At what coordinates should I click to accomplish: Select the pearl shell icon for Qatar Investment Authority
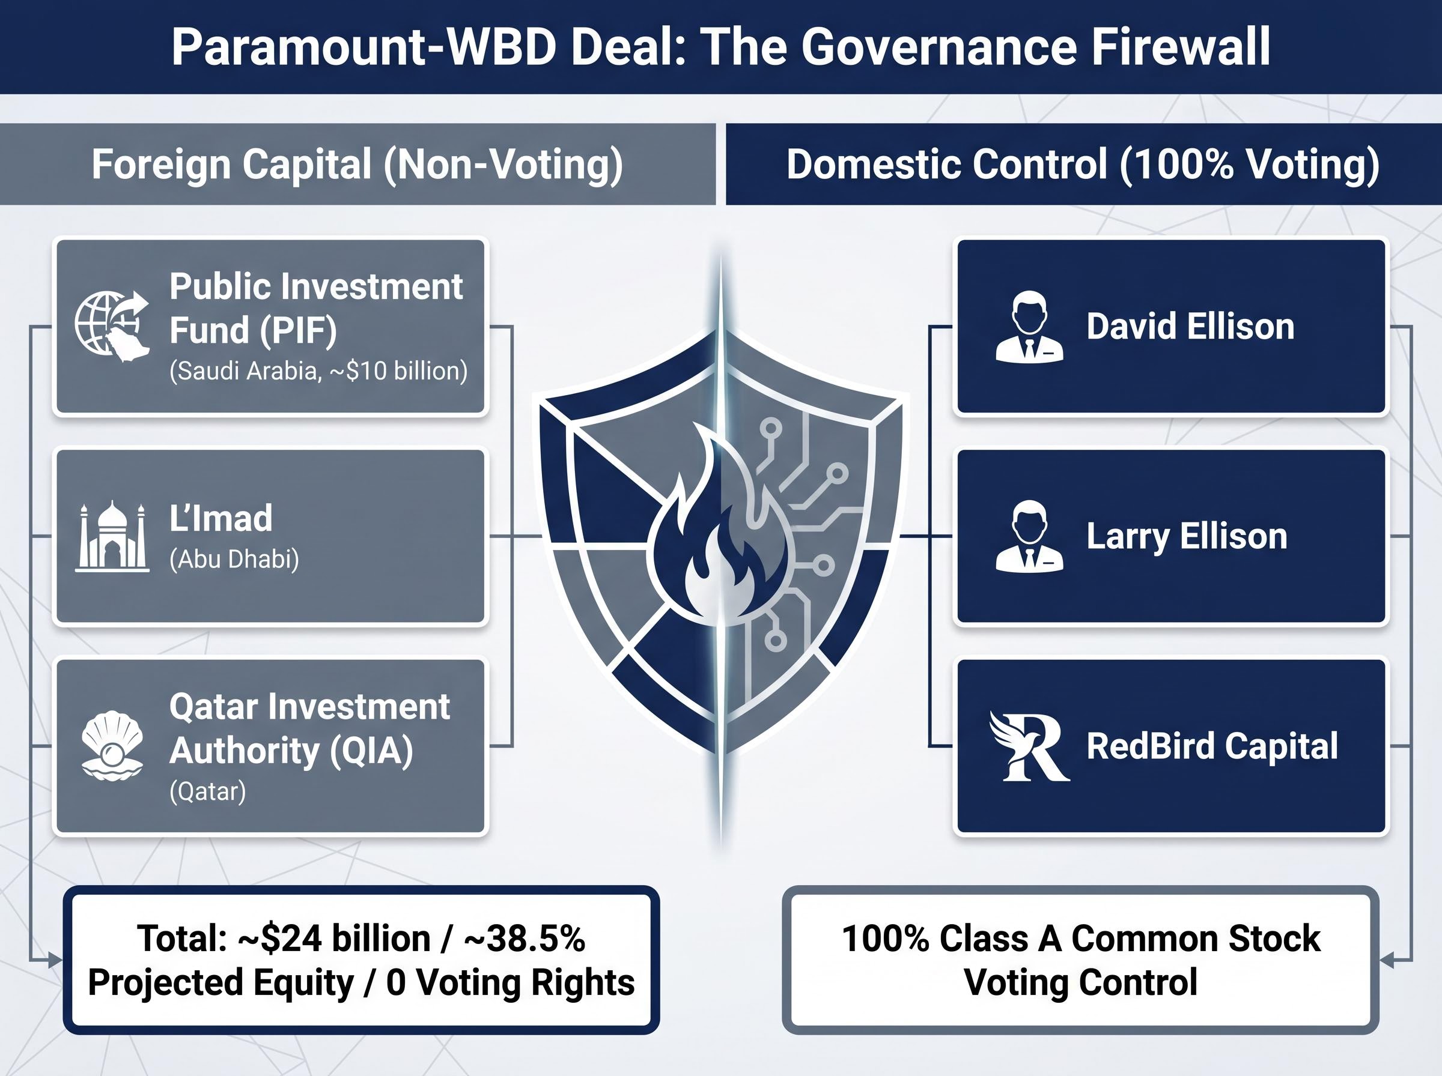click(x=112, y=745)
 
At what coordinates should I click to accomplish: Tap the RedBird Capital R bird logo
click(x=1029, y=746)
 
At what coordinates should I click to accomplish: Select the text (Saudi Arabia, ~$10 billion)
click(x=318, y=370)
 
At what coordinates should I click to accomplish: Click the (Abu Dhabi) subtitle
click(x=234, y=559)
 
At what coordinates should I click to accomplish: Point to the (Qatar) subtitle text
click(x=208, y=791)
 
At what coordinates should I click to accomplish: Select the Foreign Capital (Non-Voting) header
click(x=357, y=164)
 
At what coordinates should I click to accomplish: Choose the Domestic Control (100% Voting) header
click(x=1082, y=164)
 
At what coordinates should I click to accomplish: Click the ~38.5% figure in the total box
click(x=525, y=938)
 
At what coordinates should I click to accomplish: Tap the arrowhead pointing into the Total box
click(x=55, y=960)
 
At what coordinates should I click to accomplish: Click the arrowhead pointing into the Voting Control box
click(x=1387, y=960)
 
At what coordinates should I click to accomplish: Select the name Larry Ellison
click(x=1187, y=536)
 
